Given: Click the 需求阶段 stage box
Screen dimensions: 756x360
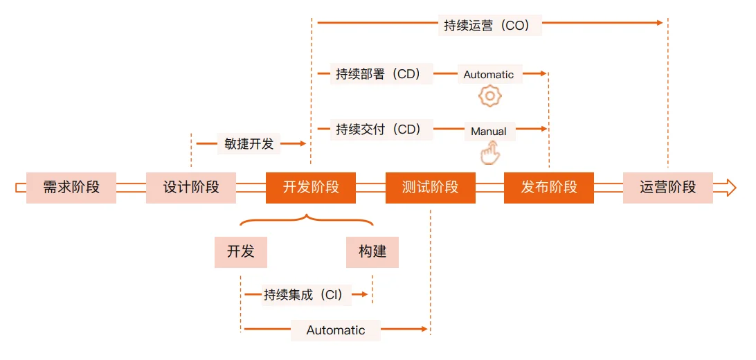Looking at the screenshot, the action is point(71,188).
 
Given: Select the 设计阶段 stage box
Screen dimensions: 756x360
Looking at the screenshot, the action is point(191,188).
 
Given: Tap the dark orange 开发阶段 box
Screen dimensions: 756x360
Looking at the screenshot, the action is point(311,188).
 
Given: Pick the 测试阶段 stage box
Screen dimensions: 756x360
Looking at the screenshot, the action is point(431,188).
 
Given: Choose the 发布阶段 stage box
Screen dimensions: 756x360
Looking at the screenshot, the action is point(549,188).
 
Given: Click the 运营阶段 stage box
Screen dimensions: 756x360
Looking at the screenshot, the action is point(668,188).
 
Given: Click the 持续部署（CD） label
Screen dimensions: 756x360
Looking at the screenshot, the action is point(381,74).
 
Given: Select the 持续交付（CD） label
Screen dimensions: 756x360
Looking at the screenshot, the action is point(381,129).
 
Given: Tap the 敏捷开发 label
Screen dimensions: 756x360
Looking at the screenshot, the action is point(249,143).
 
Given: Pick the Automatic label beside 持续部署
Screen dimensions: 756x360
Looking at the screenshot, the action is point(489,75).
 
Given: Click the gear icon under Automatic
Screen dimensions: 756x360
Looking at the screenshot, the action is point(490,96).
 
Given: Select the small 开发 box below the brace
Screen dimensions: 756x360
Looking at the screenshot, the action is point(241,252).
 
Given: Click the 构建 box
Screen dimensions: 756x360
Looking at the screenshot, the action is point(372,252).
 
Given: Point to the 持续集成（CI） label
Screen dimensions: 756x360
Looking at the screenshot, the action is point(307,294).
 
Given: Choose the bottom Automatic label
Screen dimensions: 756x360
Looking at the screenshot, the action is point(336,330).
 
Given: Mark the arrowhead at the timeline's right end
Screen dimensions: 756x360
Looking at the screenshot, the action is point(730,188).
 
